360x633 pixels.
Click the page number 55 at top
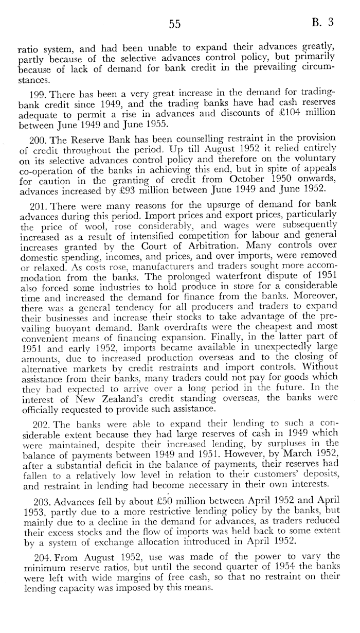click(174, 24)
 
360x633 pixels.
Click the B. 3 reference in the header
click(322, 22)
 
